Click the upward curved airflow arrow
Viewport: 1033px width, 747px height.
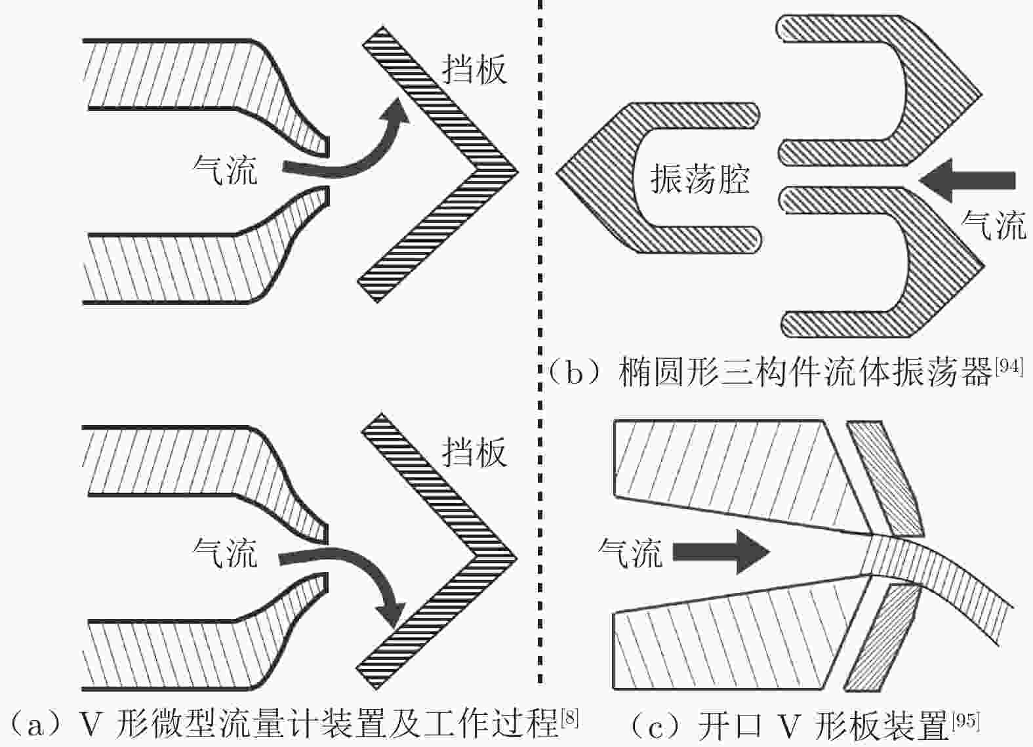pos(354,154)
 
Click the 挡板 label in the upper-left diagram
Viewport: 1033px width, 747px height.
pos(474,68)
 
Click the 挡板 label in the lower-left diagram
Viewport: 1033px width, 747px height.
pos(474,452)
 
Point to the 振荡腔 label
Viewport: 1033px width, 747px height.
pos(699,178)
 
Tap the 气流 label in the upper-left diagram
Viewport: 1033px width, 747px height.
pos(225,169)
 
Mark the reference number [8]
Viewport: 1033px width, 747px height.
pos(570,719)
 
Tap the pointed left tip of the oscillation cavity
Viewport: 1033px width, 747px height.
pos(559,173)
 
